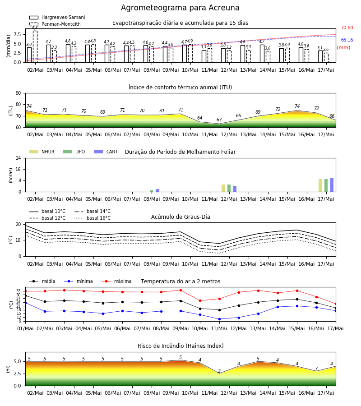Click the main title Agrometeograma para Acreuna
pos(180,8)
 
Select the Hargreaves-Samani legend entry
pos(57,17)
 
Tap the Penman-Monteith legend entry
pos(55,24)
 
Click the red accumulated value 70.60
pos(347,28)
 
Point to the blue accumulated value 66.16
pos(347,40)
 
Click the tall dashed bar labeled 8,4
pos(35,46)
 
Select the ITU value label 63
pos(219,120)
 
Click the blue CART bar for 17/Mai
pos(332,185)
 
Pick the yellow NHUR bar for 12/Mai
pos(223,188)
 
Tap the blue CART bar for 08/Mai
pos(157,190)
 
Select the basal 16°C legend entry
pos(93,218)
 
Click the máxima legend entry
pos(116,281)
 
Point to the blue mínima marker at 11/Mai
pos(220,319)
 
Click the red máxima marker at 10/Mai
pos(200,300)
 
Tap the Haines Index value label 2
pos(219,371)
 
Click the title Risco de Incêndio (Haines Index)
pos(180,346)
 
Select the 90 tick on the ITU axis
pos(19,93)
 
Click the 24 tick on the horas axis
pos(19,158)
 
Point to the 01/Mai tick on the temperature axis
pos(25,328)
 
